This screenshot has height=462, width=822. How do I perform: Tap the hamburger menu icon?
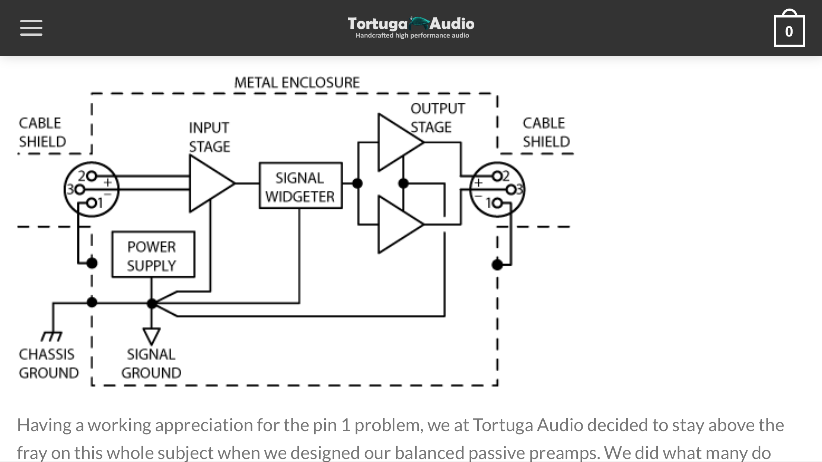(x=31, y=28)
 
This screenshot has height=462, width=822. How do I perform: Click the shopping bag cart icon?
(x=789, y=30)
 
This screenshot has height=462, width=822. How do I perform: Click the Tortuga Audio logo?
(x=411, y=27)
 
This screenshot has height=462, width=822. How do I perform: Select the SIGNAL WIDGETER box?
(x=300, y=185)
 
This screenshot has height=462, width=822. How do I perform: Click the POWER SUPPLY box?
(x=153, y=254)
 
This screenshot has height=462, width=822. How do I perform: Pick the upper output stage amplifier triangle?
(x=397, y=142)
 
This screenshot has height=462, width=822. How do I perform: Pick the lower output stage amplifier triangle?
(x=397, y=225)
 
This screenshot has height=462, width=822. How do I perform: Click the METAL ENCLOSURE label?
(x=297, y=83)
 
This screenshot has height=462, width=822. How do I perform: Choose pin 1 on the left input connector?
(x=92, y=203)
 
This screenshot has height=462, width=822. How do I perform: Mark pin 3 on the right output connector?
(x=512, y=190)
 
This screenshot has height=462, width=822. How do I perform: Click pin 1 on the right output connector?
(x=498, y=203)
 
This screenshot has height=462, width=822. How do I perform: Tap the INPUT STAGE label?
(x=209, y=137)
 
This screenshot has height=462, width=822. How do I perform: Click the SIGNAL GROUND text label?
(x=151, y=363)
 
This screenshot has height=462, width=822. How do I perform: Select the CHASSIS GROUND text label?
(x=48, y=363)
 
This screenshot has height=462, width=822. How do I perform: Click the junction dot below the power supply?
(x=152, y=304)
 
